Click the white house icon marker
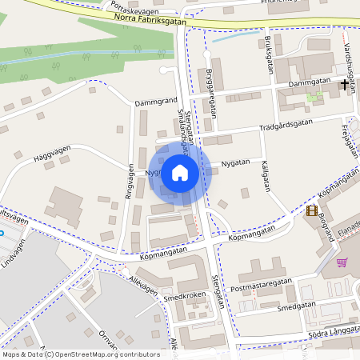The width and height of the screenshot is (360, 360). coord(180,172)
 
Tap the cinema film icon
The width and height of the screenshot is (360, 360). coord(310,211)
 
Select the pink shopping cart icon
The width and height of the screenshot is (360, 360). coord(342,262)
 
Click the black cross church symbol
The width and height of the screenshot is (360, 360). coord(346,83)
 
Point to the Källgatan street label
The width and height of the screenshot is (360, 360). coord(263,174)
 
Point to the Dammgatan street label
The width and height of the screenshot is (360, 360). coord(310,82)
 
